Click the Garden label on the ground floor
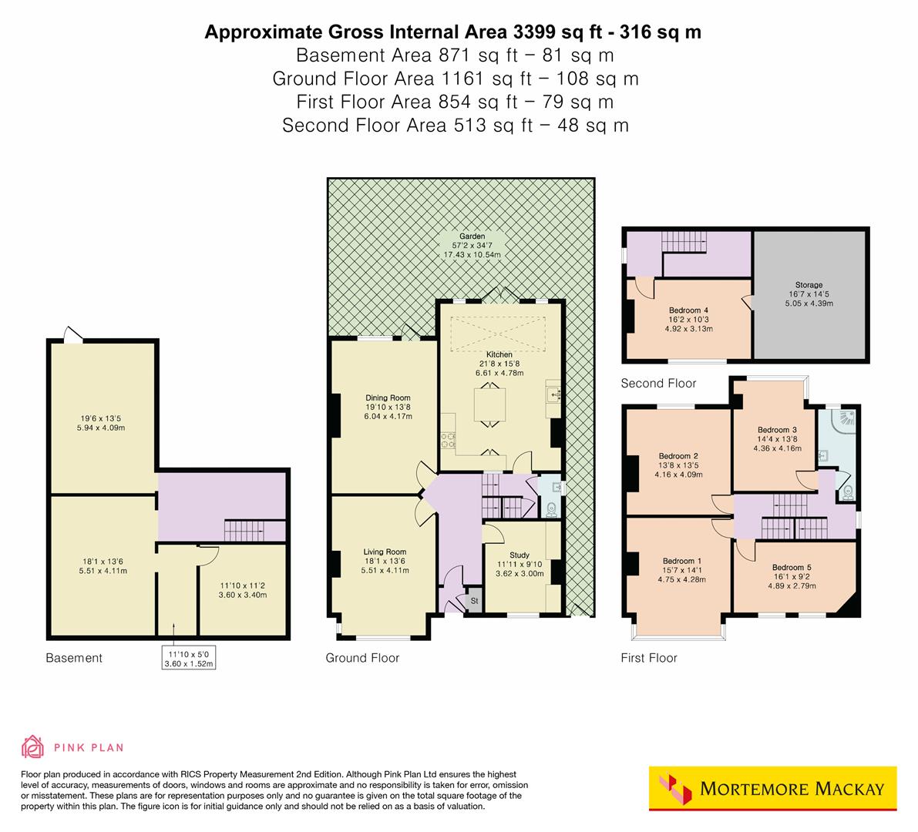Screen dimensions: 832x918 pos(472,237)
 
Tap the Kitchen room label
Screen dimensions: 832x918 pos(499,354)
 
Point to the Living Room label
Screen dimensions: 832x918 pos(385,552)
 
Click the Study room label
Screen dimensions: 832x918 pos(520,555)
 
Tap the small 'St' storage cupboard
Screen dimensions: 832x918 pos(474,601)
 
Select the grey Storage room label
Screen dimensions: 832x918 pos(809,285)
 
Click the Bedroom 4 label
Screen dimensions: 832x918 pos(689,310)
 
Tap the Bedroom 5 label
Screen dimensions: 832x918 pos(791,568)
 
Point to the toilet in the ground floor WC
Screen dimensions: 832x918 pos(551,509)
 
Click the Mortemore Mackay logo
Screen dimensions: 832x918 pos(772,788)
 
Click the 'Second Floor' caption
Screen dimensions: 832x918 pos(658,383)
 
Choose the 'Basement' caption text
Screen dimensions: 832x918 pos(74,658)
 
